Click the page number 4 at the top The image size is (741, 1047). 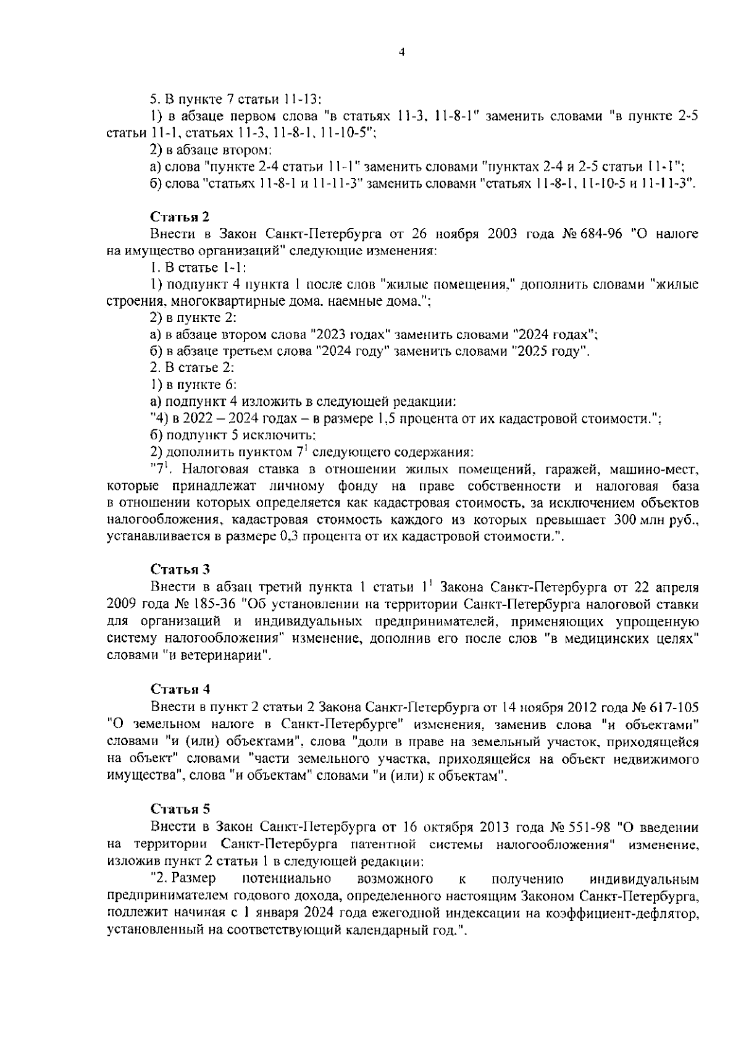point(401,53)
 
